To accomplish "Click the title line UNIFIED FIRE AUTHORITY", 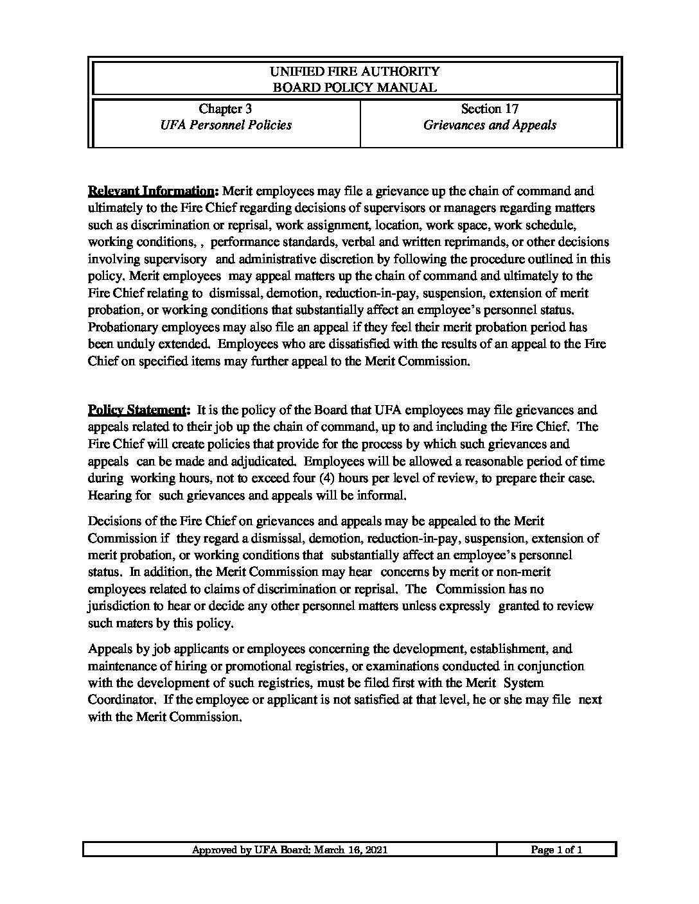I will (x=355, y=71).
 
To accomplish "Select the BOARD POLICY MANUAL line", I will (x=355, y=88).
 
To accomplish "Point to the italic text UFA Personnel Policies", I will (x=226, y=125).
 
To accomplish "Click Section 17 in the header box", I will (x=490, y=109).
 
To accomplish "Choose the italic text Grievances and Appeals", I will (x=490, y=125).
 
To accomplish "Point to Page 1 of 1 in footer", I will (x=556, y=850).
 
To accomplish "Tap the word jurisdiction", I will (x=118, y=606).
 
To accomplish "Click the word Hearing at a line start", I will (x=109, y=496).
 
